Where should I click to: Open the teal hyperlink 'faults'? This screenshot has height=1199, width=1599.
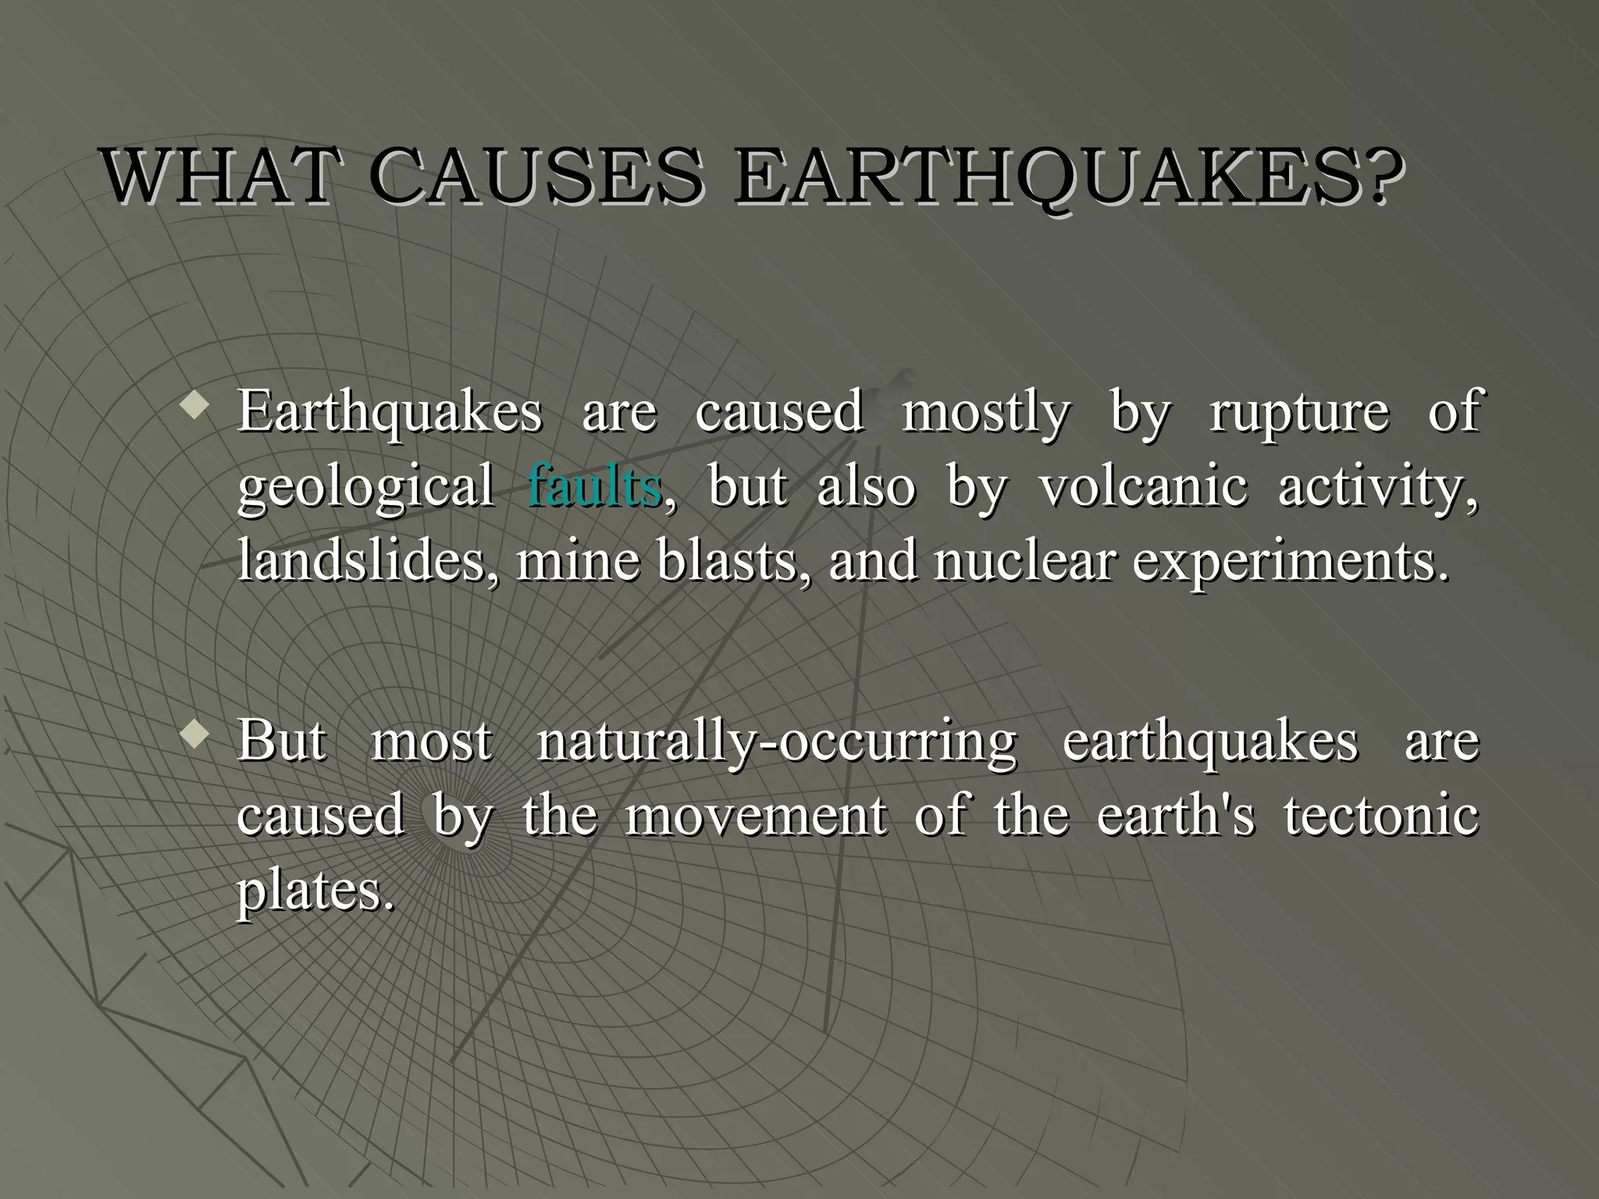(595, 486)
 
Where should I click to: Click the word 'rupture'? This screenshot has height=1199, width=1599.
(1299, 411)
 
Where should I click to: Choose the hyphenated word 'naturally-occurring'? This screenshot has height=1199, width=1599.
(777, 741)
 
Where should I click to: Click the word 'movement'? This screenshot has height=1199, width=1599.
(756, 815)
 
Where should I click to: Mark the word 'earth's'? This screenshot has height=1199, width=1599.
(1176, 815)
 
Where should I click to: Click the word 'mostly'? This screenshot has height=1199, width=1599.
(986, 411)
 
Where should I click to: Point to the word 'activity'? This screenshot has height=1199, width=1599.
(1375, 486)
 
